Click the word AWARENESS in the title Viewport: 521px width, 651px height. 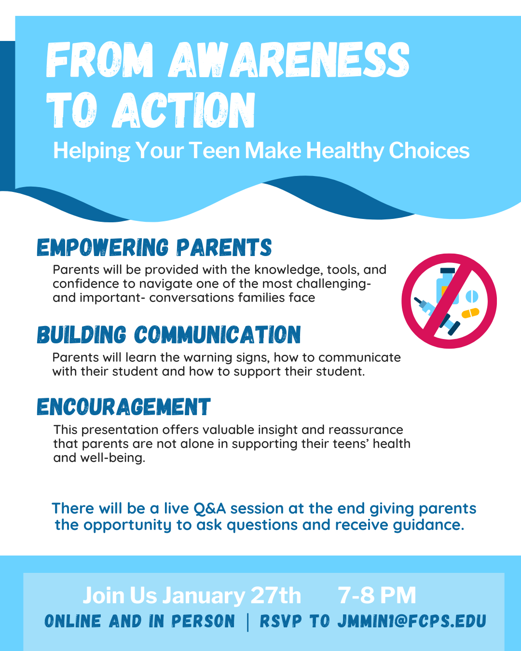click(289, 60)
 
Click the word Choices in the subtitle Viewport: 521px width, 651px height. click(429, 150)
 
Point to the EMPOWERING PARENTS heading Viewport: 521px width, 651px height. click(154, 248)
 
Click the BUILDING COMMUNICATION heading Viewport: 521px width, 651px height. click(169, 335)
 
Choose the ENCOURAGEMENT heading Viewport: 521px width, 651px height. click(123, 407)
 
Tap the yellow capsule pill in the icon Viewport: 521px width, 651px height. click(470, 313)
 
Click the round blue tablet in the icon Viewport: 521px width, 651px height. click(472, 296)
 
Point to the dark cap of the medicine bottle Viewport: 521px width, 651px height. click(448, 271)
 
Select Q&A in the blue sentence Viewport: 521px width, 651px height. click(209, 509)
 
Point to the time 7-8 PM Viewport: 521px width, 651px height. click(377, 596)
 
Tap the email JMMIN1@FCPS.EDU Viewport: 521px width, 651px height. click(411, 622)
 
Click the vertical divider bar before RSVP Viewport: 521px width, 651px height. click(248, 622)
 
